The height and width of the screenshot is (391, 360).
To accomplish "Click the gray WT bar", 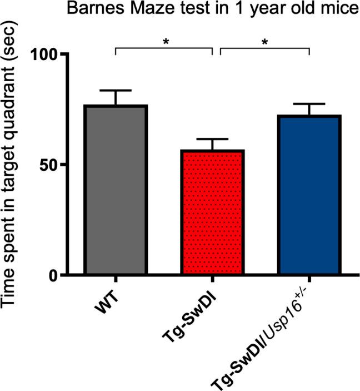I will pyautogui.click(x=116, y=190).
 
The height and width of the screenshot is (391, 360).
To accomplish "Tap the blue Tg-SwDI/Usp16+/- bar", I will pyautogui.click(x=309, y=195).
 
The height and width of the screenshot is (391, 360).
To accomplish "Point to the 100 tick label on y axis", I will pyautogui.click(x=50, y=55).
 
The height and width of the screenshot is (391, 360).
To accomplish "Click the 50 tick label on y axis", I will pyautogui.click(x=56, y=165).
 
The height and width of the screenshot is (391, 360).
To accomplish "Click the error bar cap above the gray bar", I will pyautogui.click(x=116, y=90).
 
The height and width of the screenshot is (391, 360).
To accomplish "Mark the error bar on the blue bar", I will pyautogui.click(x=309, y=104).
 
